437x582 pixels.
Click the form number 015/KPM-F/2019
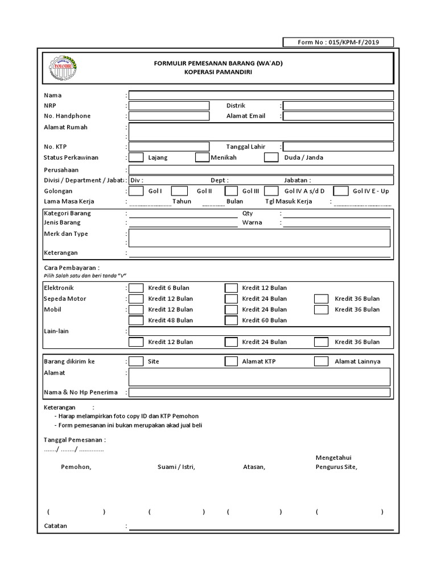point(338,42)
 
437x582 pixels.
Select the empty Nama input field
point(261,95)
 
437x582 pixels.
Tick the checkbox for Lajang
point(136,157)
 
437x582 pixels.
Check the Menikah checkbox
point(202,157)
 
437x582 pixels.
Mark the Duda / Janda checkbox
point(271,157)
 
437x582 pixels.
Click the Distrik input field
point(338,106)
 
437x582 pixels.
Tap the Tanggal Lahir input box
point(338,147)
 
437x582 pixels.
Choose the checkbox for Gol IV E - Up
point(341,191)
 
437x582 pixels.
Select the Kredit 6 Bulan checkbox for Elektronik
point(136,288)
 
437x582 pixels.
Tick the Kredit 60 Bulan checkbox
point(231,321)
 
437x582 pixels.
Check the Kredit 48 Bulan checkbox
point(136,321)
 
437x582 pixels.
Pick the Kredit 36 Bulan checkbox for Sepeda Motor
point(321,298)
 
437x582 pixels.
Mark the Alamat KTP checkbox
point(231,361)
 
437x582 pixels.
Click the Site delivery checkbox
point(136,361)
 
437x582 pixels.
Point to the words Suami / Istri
point(176,467)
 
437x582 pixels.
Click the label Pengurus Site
point(336,467)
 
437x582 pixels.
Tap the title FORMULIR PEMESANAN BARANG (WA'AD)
point(218,63)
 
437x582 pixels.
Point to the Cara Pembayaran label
point(72,267)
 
